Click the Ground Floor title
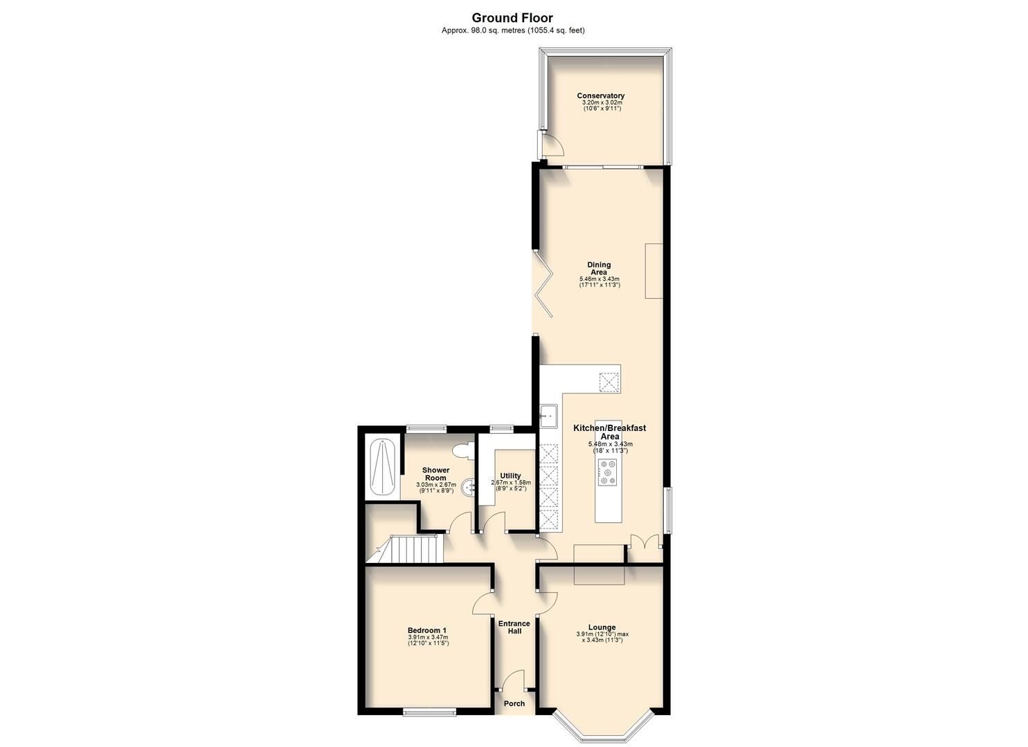(512, 18)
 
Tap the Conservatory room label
(601, 96)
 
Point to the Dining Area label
(599, 268)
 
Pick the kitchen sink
(549, 415)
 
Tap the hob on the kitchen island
(608, 472)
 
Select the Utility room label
(510, 476)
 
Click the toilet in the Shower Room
(462, 450)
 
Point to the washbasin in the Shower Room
(470, 486)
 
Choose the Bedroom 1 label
(426, 630)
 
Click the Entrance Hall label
(514, 627)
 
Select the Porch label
(514, 703)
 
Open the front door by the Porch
(513, 681)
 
